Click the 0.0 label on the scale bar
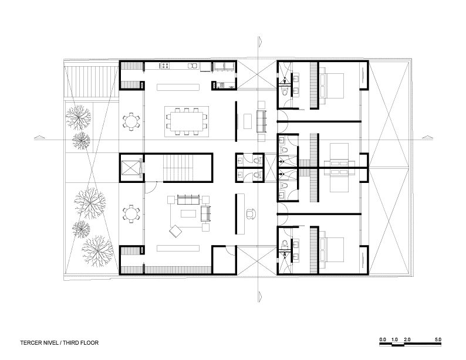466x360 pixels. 383,339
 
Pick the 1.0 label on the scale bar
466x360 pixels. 394,339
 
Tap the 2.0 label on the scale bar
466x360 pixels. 407,339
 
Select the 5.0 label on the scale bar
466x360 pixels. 438,339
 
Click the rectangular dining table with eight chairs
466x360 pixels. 186,121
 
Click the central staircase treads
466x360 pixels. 180,167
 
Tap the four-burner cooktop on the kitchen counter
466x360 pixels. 165,66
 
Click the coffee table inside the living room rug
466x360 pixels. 188,213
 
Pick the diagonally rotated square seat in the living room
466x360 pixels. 175,231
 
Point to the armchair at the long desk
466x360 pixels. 251,214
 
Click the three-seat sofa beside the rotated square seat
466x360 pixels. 188,199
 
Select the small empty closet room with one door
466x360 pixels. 224,260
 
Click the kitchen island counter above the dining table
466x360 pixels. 178,87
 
